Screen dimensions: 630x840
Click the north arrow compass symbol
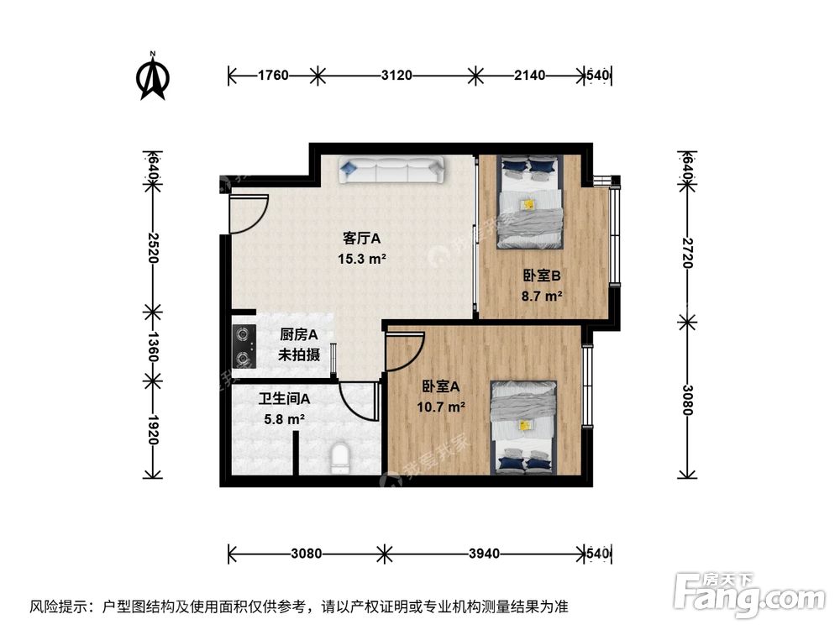coord(153,76)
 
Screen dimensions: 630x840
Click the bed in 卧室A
coord(524,426)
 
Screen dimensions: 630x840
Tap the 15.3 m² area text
coord(361,259)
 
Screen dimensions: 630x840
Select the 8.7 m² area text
coord(541,295)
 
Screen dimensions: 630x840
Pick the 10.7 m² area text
coord(442,407)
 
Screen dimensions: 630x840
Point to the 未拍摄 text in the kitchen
coord(300,354)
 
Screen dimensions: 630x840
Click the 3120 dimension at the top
coord(396,76)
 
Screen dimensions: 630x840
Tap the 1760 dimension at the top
coord(273,76)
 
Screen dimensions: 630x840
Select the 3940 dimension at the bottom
coord(484,554)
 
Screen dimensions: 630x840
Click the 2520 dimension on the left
coord(152,248)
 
